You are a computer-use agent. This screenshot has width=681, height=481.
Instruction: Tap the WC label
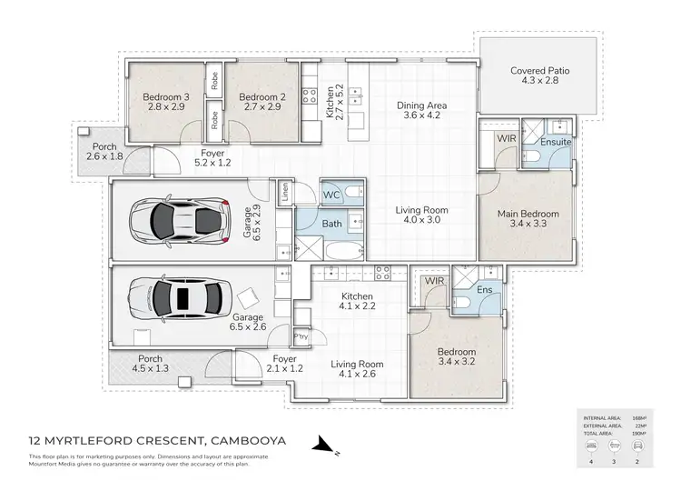(x=331, y=194)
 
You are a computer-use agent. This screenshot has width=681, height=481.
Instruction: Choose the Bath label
(x=331, y=224)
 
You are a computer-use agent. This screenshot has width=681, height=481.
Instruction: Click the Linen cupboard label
(x=285, y=191)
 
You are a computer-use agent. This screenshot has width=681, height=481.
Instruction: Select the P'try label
(x=301, y=336)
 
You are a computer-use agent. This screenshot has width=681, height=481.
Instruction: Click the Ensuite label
(x=555, y=142)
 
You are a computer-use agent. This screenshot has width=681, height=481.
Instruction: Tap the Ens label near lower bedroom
(x=484, y=291)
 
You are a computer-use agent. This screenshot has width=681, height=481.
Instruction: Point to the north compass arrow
(x=324, y=445)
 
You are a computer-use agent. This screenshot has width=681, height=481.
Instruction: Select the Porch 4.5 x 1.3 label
(x=150, y=364)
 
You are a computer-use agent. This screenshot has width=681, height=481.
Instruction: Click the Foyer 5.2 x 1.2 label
(x=213, y=159)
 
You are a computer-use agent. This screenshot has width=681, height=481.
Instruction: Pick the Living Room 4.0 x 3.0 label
(x=421, y=215)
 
